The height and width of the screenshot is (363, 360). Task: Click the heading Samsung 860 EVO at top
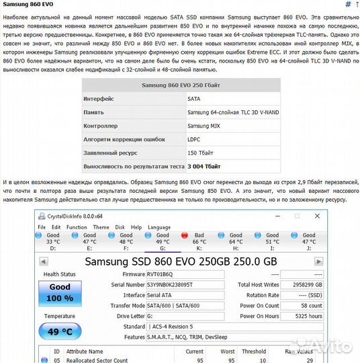pyautogui.click(x=28, y=5)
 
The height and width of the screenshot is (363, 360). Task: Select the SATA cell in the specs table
pyautogui.click(x=194, y=99)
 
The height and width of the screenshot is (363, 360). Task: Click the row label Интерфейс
pyautogui.click(x=99, y=99)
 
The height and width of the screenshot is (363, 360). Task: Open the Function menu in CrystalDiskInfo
pyautogui.click(x=77, y=227)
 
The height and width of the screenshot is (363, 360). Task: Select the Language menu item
pyautogui.click(x=159, y=227)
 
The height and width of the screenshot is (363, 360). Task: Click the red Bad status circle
pyautogui.click(x=185, y=236)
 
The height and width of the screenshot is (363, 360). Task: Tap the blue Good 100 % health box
pyautogui.click(x=60, y=292)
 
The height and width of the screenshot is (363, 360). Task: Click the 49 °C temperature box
pyautogui.click(x=60, y=331)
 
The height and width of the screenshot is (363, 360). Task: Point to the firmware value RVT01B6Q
pyautogui.click(x=161, y=274)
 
